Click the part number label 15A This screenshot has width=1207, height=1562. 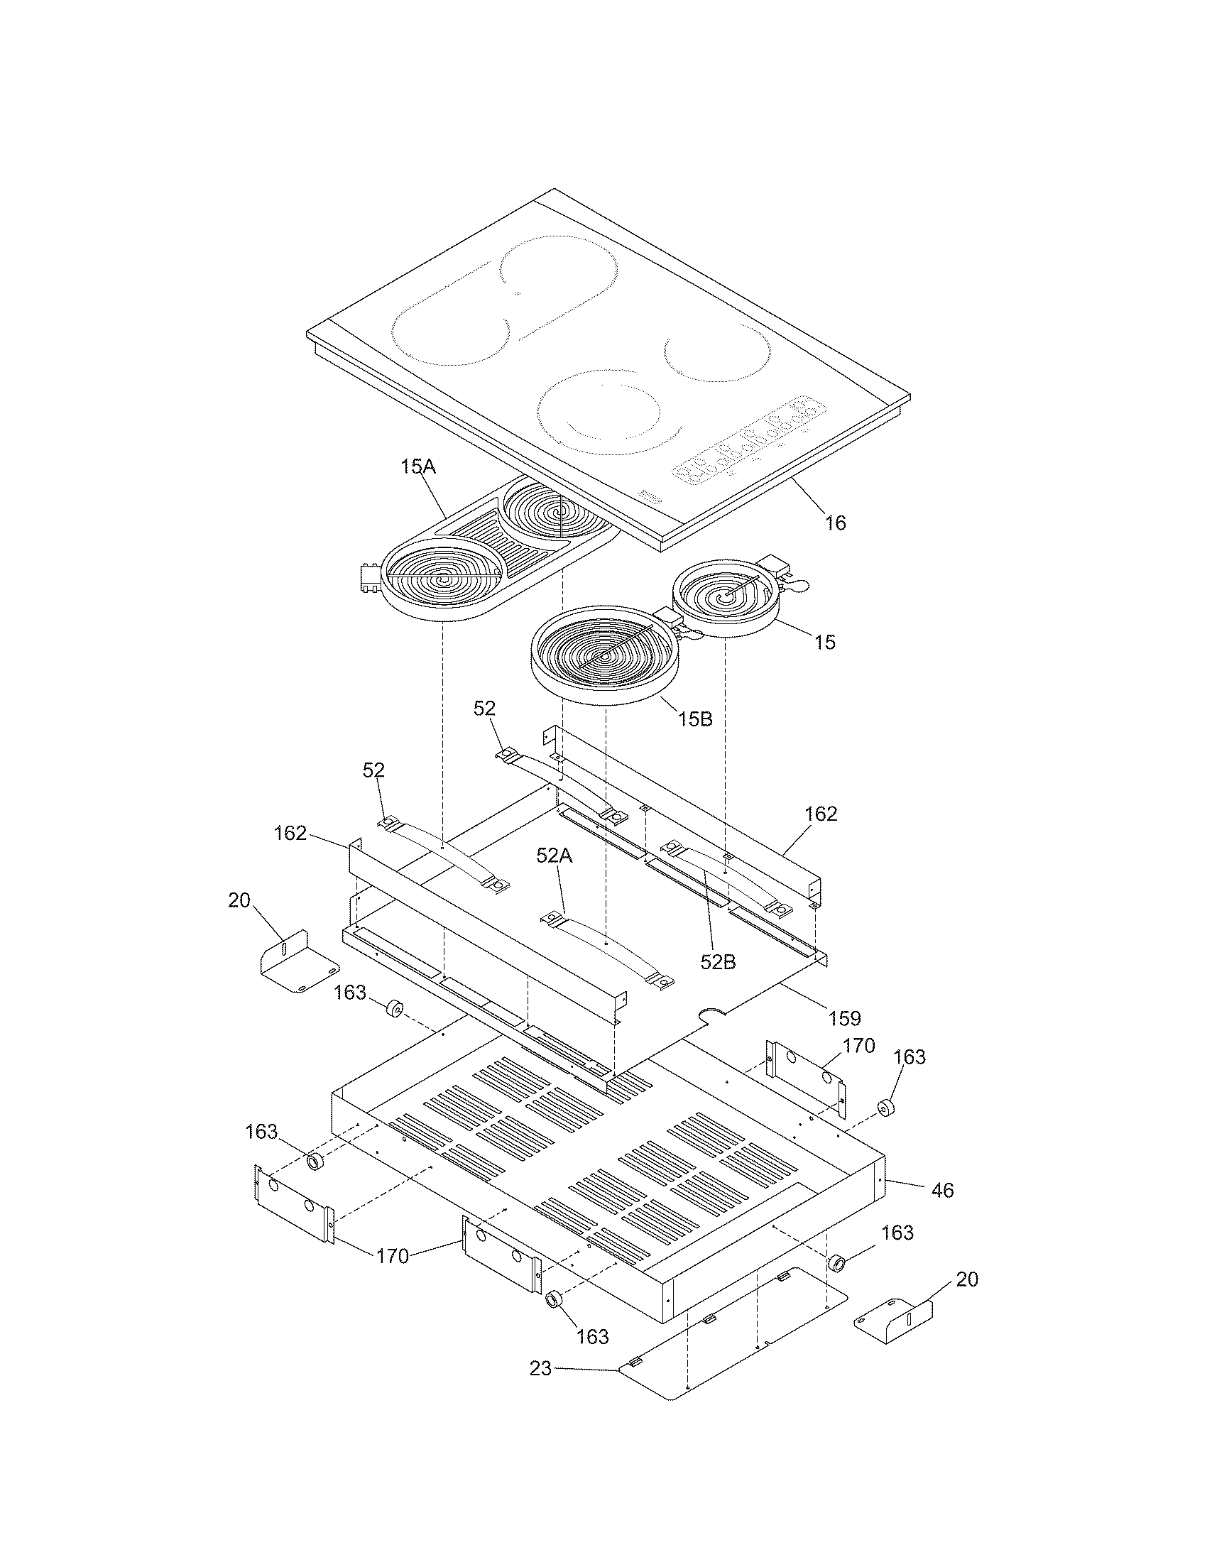click(x=418, y=468)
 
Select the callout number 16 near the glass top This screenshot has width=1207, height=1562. click(x=835, y=523)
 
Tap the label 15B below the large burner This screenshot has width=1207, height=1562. click(x=695, y=719)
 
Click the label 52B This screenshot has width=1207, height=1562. click(x=718, y=962)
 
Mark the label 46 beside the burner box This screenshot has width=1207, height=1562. click(x=942, y=1190)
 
